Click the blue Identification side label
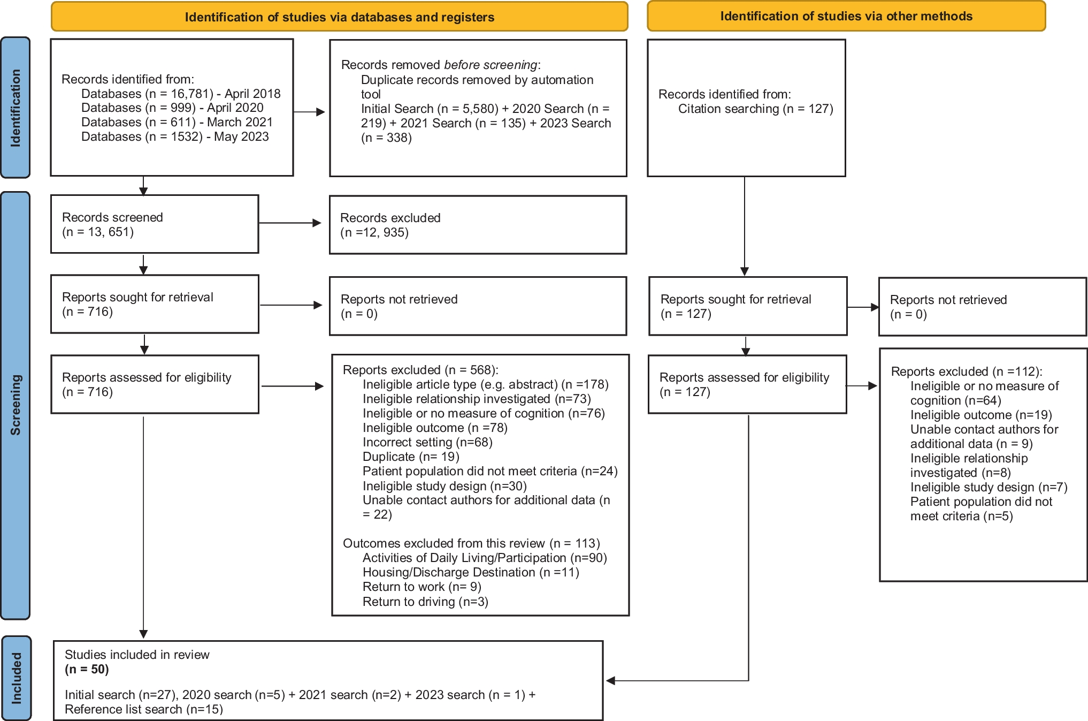pyautogui.click(x=16, y=108)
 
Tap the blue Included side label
pyautogui.click(x=17, y=678)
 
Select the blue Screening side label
pyautogui.click(x=16, y=405)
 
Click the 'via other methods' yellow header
pyautogui.click(x=846, y=16)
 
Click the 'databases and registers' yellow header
pyautogui.click(x=339, y=17)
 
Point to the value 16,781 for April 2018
pyautogui.click(x=191, y=94)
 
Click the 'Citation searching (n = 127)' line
pyautogui.click(x=755, y=109)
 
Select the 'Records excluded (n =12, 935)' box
pyautogui.click(x=477, y=225)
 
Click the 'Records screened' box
pyautogui.click(x=154, y=224)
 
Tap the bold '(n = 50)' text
pyautogui.click(x=87, y=669)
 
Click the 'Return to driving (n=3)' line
pyautogui.click(x=425, y=602)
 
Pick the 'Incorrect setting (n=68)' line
pyautogui.click(x=427, y=442)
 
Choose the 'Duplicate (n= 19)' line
pyautogui.click(x=411, y=457)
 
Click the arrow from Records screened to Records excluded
pyautogui.click(x=290, y=223)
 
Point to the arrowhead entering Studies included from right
pyautogui.click(x=610, y=681)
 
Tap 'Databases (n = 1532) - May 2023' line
pyautogui.click(x=175, y=136)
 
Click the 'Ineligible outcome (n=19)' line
pyautogui.click(x=981, y=415)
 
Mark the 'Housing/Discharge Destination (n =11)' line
pyautogui.click(x=471, y=572)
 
